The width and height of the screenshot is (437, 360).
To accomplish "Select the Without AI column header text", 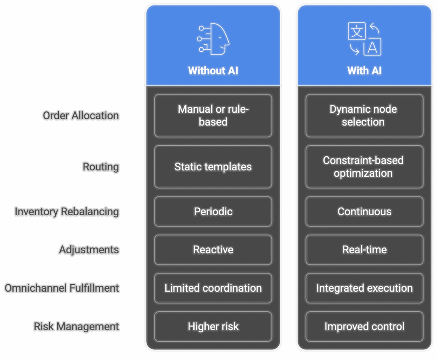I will [213, 70].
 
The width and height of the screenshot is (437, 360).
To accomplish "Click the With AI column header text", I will [364, 70].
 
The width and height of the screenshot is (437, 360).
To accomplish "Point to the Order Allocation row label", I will [81, 115].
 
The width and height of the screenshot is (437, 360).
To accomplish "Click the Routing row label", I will [101, 167].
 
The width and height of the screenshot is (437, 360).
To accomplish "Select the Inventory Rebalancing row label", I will [67, 211].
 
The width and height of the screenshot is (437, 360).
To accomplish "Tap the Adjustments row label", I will [89, 249].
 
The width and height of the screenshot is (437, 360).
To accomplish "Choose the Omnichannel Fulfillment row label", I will [62, 288].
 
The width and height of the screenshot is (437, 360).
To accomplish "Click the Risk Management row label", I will [76, 326].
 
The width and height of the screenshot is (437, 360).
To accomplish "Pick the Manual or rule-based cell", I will [213, 116].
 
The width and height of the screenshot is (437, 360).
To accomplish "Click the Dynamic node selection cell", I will [364, 116].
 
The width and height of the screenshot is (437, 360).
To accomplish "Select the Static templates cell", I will [213, 167].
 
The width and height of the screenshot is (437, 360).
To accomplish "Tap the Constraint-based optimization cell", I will [364, 167].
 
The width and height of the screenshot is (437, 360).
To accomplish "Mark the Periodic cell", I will [213, 211].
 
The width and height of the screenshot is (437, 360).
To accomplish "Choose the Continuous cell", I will [364, 211].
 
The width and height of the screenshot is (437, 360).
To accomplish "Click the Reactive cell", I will [213, 249].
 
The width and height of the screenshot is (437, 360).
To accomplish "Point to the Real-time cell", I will [364, 249].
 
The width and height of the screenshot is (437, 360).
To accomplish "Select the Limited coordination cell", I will [213, 288].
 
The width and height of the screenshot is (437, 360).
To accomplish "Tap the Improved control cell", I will [364, 326].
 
